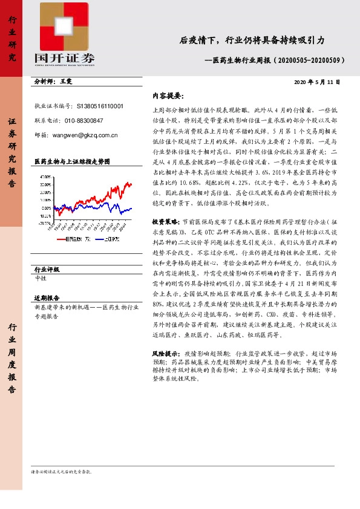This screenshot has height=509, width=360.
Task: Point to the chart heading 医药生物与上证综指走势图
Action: coord(72,162)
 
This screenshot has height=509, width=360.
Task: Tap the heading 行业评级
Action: coord(47,269)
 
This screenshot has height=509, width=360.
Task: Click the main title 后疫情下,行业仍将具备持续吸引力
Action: coord(252,41)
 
